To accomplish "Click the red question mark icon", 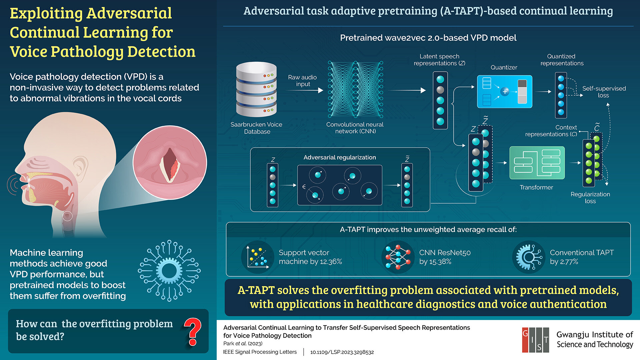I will click(192, 331).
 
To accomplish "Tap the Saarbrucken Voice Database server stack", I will click(256, 89).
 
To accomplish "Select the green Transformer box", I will click(537, 163).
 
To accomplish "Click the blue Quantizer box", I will click(504, 92).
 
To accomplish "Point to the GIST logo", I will click(535, 340).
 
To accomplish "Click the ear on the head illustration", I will click(80, 167).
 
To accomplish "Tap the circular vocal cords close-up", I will click(170, 163).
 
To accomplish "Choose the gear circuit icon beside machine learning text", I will click(169, 271).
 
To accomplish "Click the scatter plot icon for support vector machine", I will click(257, 257).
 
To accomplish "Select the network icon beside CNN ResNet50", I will click(398, 257).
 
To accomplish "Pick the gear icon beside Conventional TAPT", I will click(529, 257).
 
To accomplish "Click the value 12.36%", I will click(331, 262).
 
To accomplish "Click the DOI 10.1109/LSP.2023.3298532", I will click(342, 352).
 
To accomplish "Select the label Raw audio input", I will click(302, 81).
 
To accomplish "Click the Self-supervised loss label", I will click(604, 92).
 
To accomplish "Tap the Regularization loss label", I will click(590, 197).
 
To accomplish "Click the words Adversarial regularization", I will click(339, 157).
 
